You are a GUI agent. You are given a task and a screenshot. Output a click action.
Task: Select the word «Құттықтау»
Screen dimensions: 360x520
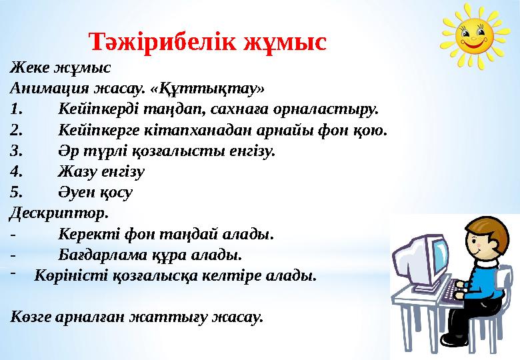point(222,88)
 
